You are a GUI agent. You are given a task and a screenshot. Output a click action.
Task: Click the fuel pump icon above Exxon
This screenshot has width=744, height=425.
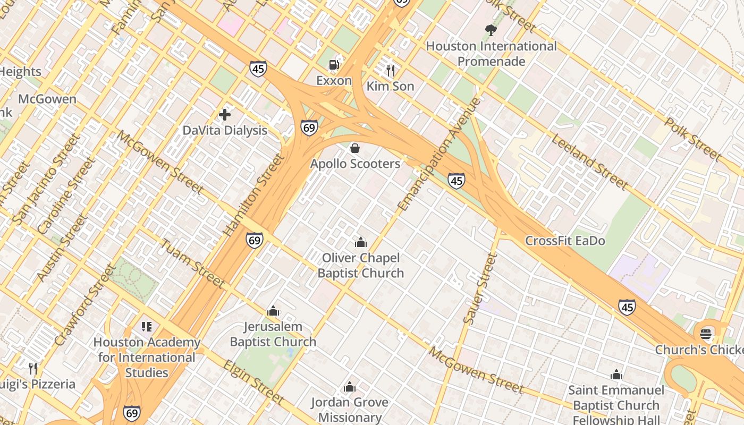pyautogui.click(x=334, y=65)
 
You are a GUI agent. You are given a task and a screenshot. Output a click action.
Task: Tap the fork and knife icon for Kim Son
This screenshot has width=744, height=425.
pyautogui.click(x=391, y=70)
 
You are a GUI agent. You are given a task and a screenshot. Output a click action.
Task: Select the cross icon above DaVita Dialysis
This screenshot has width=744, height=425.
pyautogui.click(x=225, y=114)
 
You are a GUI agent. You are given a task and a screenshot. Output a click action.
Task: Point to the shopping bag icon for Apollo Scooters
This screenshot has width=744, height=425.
pyautogui.click(x=355, y=148)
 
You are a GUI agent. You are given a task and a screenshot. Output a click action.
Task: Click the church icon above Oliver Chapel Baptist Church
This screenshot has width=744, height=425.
pyautogui.click(x=361, y=242)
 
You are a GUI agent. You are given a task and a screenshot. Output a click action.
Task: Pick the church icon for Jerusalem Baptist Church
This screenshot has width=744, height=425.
pyautogui.click(x=273, y=311)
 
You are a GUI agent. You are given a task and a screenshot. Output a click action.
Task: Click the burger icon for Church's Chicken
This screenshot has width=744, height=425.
pyautogui.click(x=706, y=334)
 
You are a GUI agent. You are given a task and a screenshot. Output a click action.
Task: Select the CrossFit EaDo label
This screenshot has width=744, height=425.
pyautogui.click(x=565, y=241)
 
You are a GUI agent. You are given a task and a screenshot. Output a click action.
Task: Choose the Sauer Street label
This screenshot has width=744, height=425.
pyautogui.click(x=480, y=288)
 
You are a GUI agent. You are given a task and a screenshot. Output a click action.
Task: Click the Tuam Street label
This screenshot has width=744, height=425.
pyautogui.click(x=192, y=263)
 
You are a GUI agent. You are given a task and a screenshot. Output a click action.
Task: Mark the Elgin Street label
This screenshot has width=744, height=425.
pyautogui.click(x=253, y=381)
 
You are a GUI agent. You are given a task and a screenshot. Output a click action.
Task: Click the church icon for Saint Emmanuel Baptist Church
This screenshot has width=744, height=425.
pyautogui.click(x=616, y=375)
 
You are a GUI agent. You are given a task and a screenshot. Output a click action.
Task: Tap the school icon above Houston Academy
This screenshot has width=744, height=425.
pyautogui.click(x=147, y=327)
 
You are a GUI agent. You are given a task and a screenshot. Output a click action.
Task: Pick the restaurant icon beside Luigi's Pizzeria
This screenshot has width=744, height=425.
pyautogui.click(x=33, y=368)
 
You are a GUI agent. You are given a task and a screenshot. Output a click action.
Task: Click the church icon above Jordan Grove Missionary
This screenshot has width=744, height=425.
pyautogui.click(x=350, y=387)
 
